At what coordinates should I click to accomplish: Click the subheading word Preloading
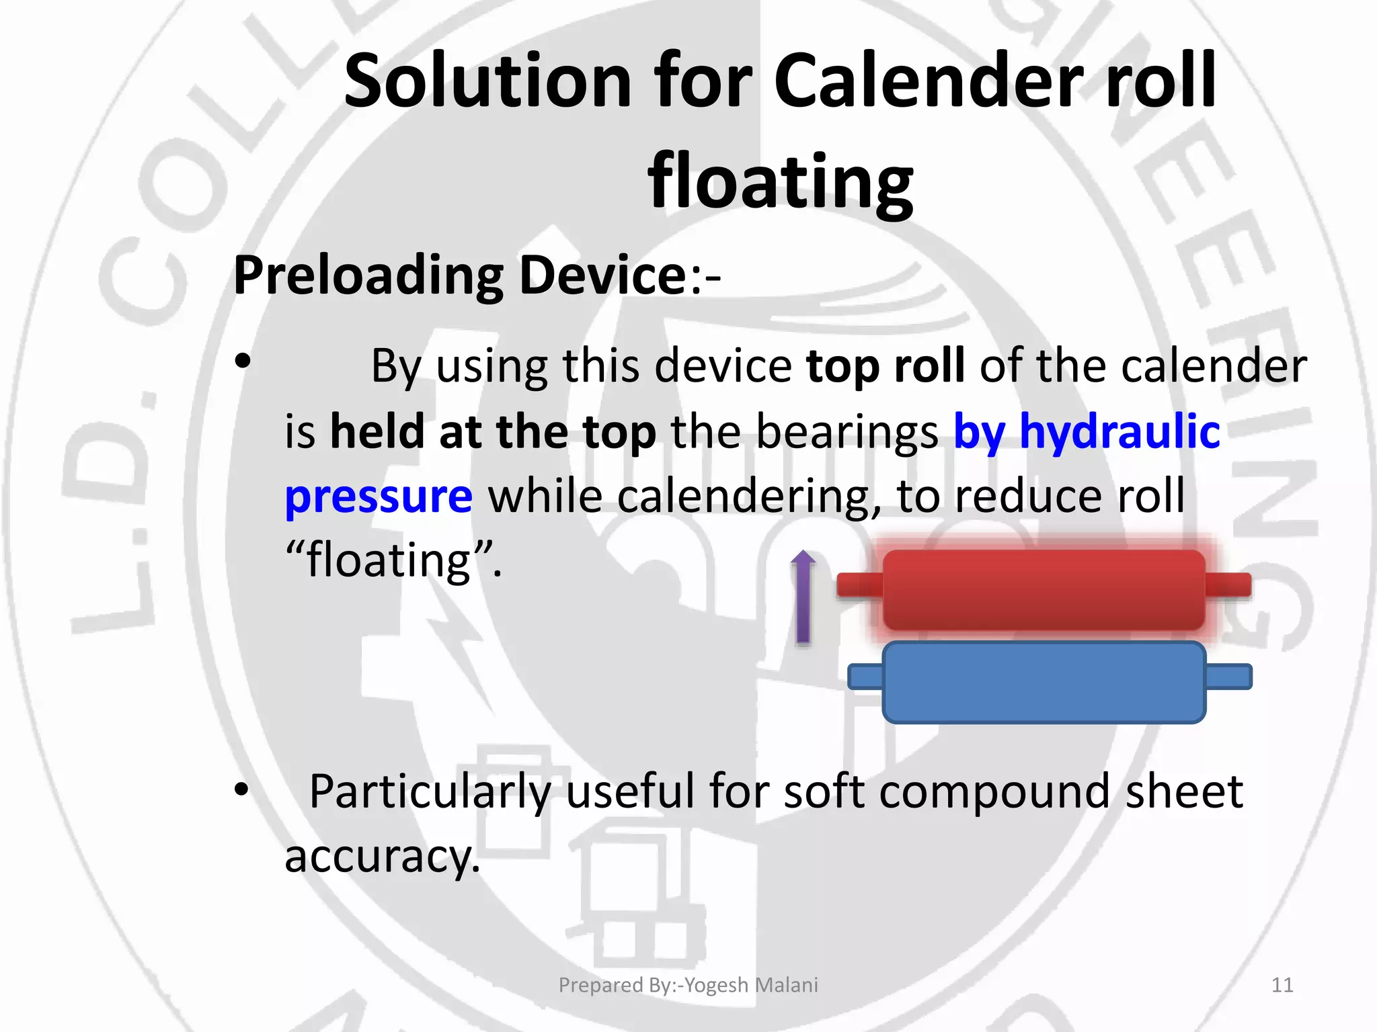[368, 275]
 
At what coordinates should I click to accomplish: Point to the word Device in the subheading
[602, 275]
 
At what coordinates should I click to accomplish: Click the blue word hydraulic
[1119, 431]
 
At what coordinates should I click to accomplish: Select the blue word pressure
[379, 497]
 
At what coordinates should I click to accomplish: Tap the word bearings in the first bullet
[847, 431]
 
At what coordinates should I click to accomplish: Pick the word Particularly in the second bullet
[430, 791]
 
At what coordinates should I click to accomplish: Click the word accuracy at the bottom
[381, 856]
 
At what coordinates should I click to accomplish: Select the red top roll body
[1044, 590]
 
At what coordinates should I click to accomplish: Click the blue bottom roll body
[1044, 681]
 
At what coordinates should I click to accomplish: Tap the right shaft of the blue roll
[1228, 677]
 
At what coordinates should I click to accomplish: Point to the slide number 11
[1282, 985]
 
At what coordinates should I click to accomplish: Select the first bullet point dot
[243, 363]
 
